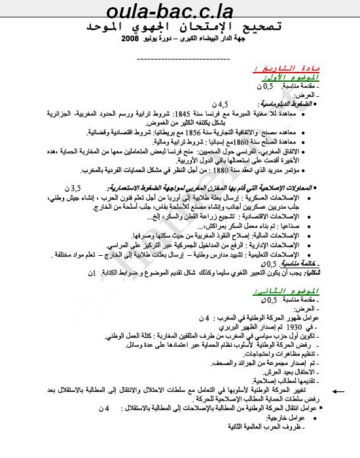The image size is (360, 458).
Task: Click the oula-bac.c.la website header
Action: (180, 11)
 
